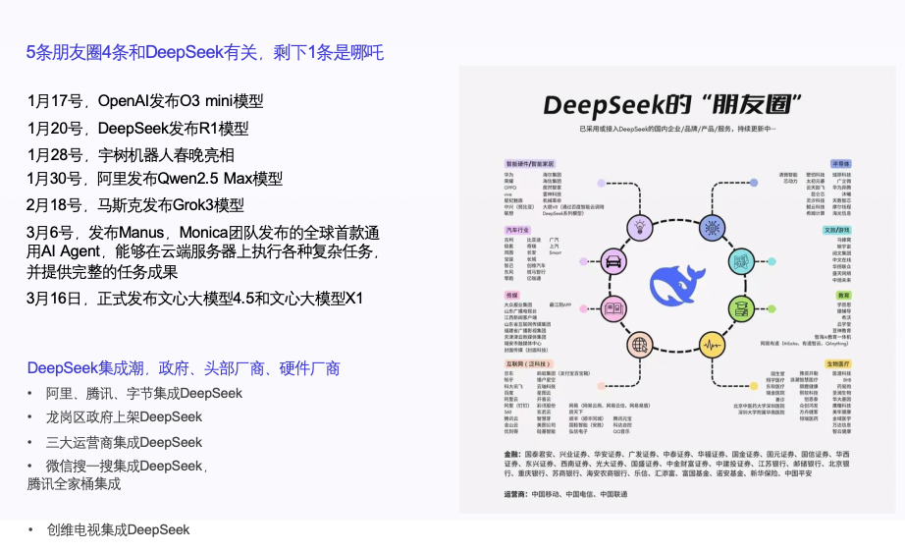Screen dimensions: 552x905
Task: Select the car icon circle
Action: (613, 262)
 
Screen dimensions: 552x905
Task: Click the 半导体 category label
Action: (841, 164)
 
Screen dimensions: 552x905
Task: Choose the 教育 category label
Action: (843, 294)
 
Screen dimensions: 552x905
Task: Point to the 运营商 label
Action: (515, 494)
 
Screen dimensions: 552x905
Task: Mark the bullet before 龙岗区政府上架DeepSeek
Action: (32, 417)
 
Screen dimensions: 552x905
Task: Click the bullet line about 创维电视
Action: (118, 529)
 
